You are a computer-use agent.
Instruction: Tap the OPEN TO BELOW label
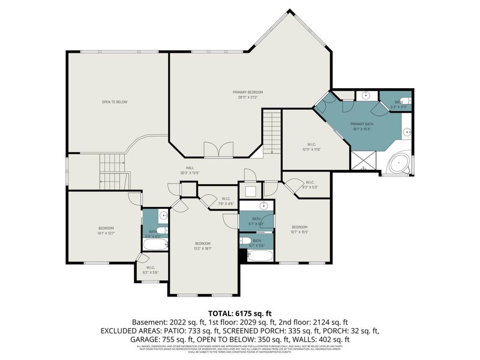coord(114,102)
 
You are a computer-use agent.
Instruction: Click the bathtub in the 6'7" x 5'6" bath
coord(259,256)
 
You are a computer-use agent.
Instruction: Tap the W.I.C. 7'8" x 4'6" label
coord(226,200)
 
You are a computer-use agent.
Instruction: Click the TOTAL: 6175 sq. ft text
coord(239,313)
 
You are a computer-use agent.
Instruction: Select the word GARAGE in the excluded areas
coord(143,339)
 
